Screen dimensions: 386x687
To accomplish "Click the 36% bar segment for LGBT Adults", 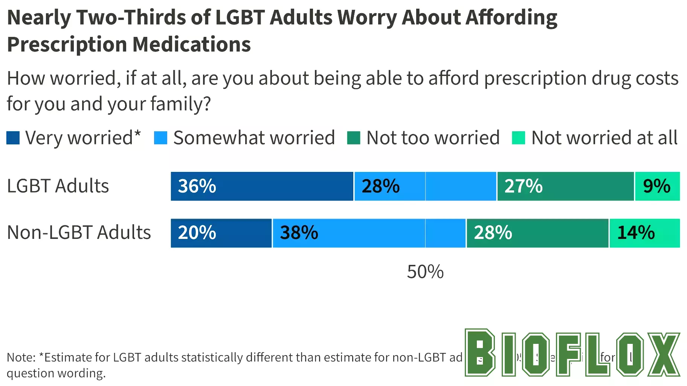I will coord(262,186).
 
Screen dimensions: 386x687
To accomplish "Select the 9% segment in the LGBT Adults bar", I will coord(657,186).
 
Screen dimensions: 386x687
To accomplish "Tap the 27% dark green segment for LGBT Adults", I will coord(565,186).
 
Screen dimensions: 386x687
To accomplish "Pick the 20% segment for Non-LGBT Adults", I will coord(221,233).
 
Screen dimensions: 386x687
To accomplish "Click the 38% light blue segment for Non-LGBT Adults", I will coord(369,233).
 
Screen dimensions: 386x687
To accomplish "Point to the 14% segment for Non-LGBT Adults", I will coord(644,233).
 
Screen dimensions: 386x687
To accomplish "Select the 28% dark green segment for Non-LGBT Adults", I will coord(537,233).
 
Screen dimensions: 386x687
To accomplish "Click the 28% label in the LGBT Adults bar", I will coord(380,186).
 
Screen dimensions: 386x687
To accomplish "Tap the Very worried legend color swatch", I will coord(13,138).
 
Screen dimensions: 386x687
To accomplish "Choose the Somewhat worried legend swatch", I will coord(161,138).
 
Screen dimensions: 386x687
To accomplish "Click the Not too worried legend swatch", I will coord(354,138).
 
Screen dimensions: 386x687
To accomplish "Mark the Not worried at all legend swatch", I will coord(519,138).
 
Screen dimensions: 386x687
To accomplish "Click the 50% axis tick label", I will coord(425,272).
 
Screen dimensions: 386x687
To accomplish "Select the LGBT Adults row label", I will coord(58,186).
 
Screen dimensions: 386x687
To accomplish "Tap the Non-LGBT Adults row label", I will coord(79,233).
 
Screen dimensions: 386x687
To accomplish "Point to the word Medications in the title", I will coord(191,44).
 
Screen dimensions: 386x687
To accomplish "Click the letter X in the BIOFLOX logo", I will coord(664,354).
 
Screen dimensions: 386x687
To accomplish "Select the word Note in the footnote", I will coord(21,357).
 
